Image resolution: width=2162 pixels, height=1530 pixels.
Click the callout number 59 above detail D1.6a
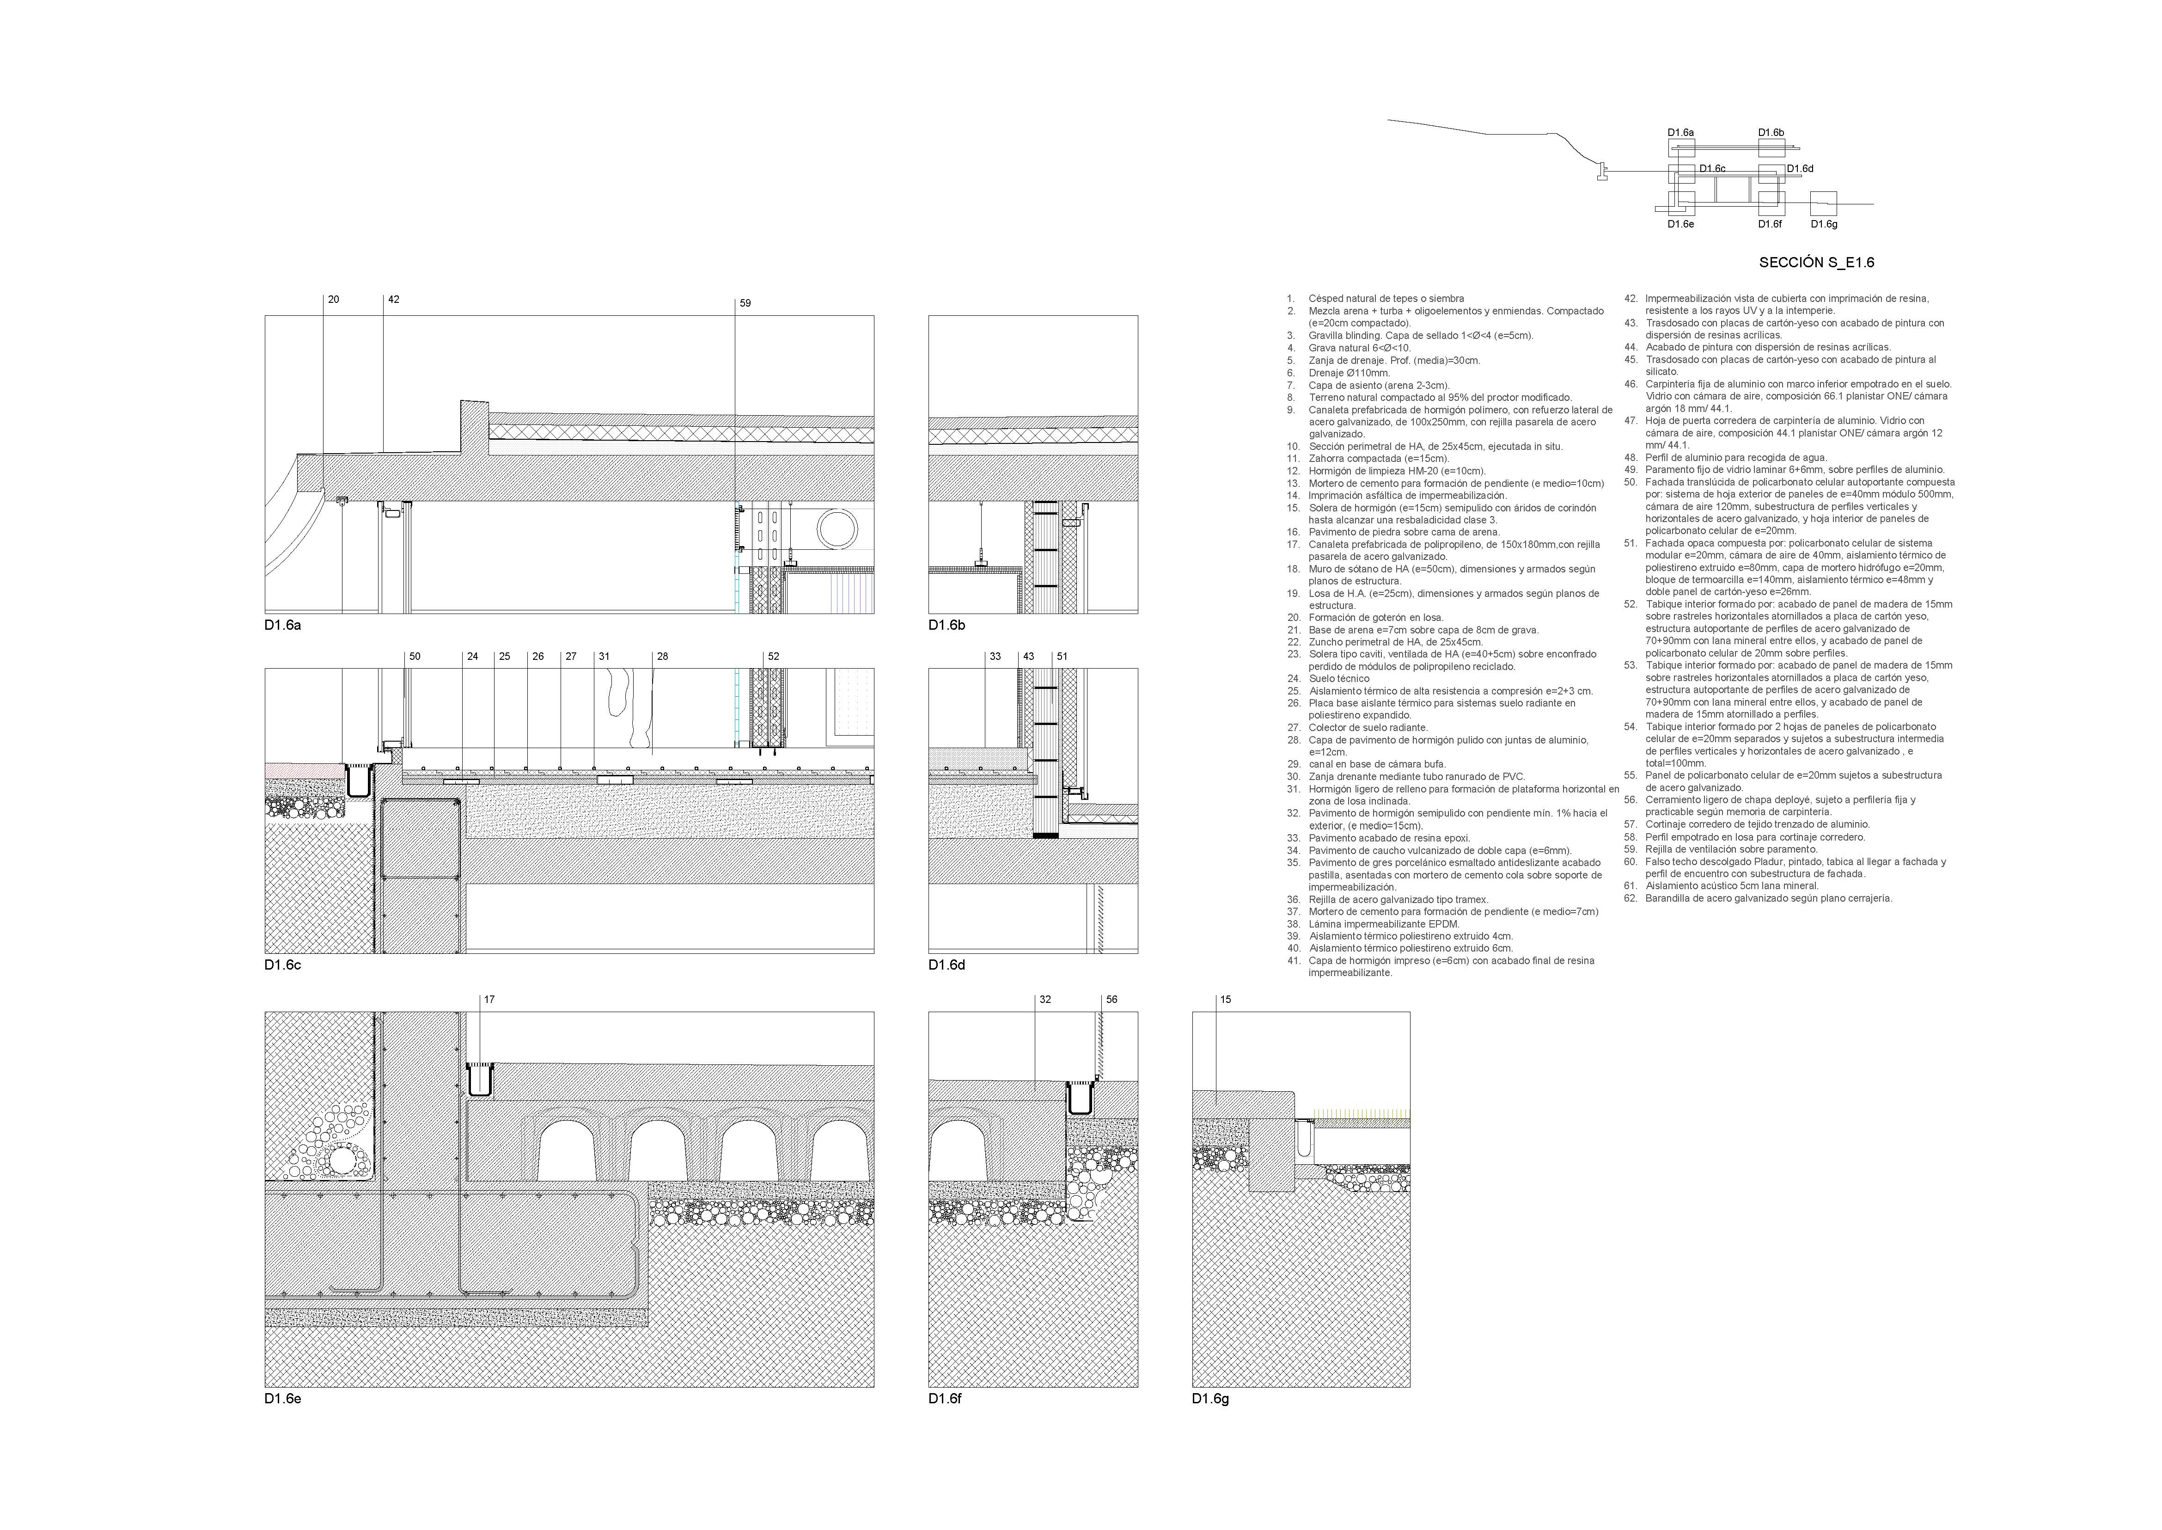745,303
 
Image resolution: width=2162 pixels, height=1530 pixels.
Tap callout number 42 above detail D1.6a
394,300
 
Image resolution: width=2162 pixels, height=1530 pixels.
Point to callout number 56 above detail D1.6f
1112,1000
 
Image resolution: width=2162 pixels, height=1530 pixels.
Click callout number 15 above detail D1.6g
1225,1000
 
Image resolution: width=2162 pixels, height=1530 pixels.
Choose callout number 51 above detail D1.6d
1062,657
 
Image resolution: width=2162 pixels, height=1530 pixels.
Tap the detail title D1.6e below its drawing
282,1399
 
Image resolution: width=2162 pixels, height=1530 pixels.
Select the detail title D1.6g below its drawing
1211,1399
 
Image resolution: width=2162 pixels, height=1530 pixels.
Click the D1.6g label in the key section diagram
1824,224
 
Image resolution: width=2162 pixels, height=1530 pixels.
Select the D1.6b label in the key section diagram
1771,133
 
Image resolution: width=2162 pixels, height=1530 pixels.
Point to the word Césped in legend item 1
1326,299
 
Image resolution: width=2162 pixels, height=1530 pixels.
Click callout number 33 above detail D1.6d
995,657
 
